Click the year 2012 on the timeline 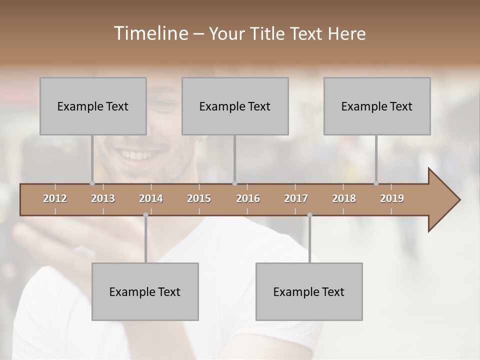click(x=55, y=198)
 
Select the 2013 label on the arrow click(x=103, y=198)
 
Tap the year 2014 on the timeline click(x=151, y=198)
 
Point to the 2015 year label click(x=199, y=198)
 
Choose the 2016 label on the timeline click(x=248, y=198)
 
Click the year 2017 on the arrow click(x=296, y=198)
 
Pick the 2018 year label click(x=344, y=198)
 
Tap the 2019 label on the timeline click(x=392, y=198)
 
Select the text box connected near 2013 click(x=93, y=106)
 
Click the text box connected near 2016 click(x=235, y=106)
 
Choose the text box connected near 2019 click(x=377, y=106)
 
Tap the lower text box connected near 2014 click(x=145, y=291)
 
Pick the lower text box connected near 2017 click(x=309, y=291)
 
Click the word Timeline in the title click(x=150, y=33)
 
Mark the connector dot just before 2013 click(x=92, y=183)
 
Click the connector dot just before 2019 click(x=376, y=183)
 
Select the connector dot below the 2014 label click(x=145, y=215)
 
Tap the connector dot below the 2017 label click(x=309, y=215)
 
